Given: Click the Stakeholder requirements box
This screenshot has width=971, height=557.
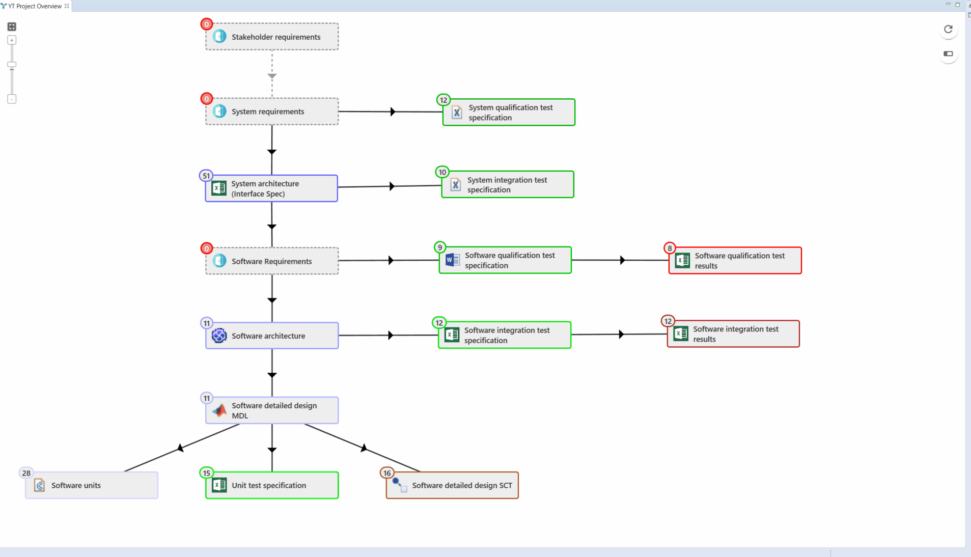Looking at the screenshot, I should pyautogui.click(x=272, y=37).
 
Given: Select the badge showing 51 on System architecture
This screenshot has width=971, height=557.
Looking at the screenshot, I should pyautogui.click(x=206, y=176).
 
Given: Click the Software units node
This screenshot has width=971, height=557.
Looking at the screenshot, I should pyautogui.click(x=92, y=485).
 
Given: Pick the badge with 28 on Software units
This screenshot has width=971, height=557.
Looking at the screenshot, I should pyautogui.click(x=26, y=473).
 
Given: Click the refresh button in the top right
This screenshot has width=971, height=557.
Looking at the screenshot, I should pyautogui.click(x=948, y=29).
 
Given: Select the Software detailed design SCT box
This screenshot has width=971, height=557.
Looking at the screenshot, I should pyautogui.click(x=452, y=485).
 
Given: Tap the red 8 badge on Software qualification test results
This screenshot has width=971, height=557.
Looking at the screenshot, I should pyautogui.click(x=670, y=248).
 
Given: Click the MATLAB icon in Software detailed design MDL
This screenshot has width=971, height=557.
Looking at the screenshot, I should pyautogui.click(x=219, y=410).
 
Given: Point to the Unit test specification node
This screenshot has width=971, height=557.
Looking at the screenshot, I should pyautogui.click(x=272, y=485).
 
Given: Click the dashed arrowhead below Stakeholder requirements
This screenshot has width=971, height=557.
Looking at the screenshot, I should pyautogui.click(x=272, y=76).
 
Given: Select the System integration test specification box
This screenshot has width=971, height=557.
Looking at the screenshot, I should pyautogui.click(x=508, y=184).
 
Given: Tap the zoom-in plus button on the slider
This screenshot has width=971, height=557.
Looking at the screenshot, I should pyautogui.click(x=12, y=40).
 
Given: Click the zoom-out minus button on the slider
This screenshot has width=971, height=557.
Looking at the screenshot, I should pyautogui.click(x=12, y=99).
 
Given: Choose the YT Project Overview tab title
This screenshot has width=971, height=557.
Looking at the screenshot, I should pyautogui.click(x=35, y=6).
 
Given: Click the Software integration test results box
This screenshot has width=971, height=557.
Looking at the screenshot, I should pyautogui.click(x=733, y=334).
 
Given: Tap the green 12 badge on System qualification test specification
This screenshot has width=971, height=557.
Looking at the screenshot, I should pyautogui.click(x=443, y=100).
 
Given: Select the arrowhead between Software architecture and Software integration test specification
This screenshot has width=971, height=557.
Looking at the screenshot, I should pyautogui.click(x=391, y=335).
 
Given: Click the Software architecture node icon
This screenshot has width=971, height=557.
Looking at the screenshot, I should pyautogui.click(x=219, y=336).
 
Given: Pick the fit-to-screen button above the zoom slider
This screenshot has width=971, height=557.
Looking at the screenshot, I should pyautogui.click(x=12, y=26).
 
